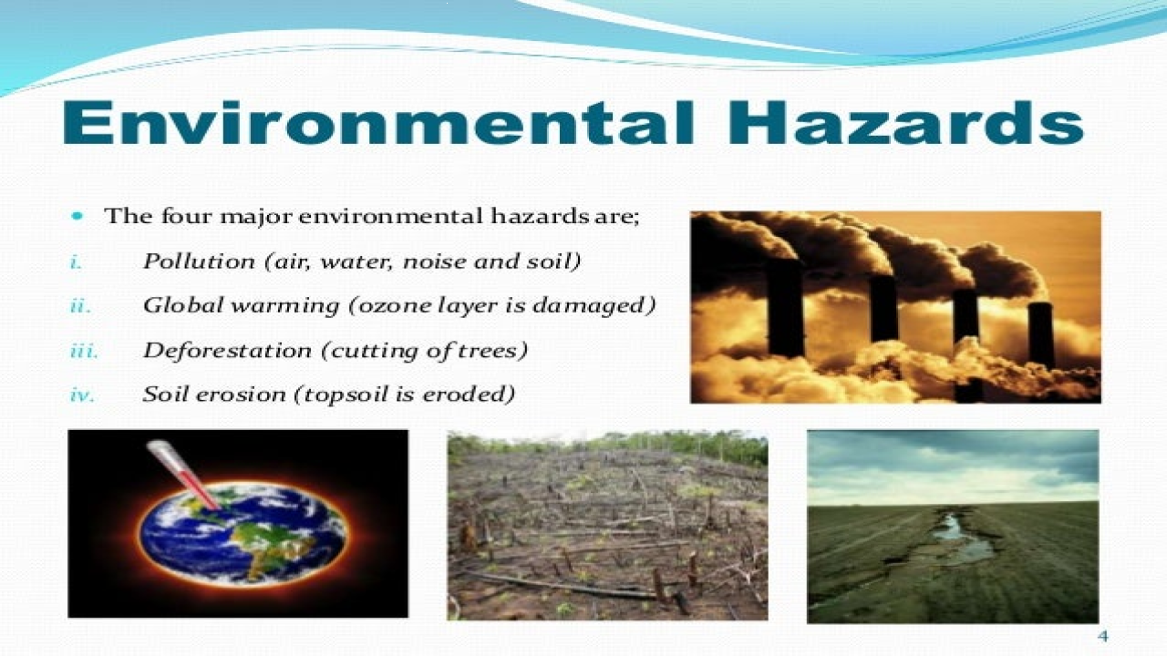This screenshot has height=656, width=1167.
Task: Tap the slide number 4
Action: pyautogui.click(x=1102, y=635)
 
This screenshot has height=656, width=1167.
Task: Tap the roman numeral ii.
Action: pyautogui.click(x=80, y=306)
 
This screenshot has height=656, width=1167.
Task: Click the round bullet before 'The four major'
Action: pyautogui.click(x=77, y=217)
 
